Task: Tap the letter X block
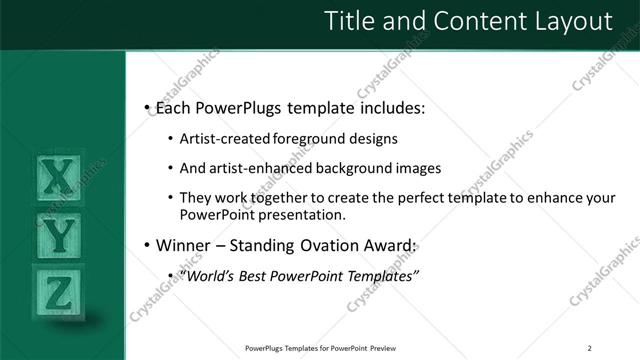coord(61,180)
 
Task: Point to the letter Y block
coord(61,236)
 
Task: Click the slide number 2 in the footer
coord(589,348)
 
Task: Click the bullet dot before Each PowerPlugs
coord(147,106)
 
